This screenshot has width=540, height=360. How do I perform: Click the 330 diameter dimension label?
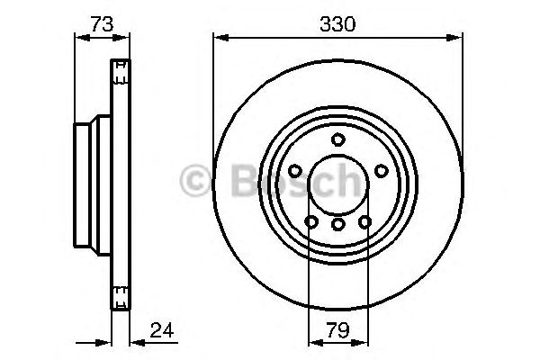[337, 25]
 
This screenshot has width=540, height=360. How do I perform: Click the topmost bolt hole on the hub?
[337, 139]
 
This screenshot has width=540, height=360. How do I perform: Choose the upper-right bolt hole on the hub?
[380, 171]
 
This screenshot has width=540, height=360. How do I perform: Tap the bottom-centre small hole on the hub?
[337, 224]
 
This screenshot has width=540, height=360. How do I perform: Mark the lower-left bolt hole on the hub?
[310, 221]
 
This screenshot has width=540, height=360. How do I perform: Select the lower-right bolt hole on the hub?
[364, 221]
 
